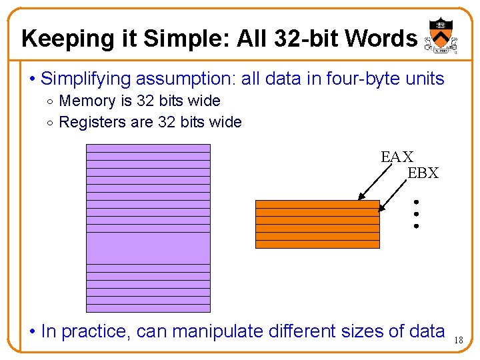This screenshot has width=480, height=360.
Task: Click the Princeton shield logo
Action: (439, 33)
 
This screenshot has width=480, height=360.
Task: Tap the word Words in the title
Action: (381, 39)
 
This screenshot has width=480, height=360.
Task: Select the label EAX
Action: (397, 157)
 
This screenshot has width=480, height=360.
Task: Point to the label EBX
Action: (423, 173)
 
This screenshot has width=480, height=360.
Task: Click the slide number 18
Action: (458, 340)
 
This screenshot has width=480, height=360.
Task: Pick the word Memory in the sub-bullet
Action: (87, 101)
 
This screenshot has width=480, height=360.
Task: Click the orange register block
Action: (317, 224)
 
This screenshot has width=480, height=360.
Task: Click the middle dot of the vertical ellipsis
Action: (415, 214)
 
